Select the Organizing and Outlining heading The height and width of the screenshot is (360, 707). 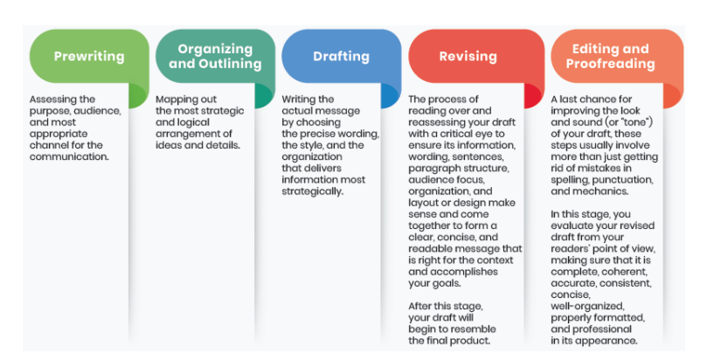pos(214,56)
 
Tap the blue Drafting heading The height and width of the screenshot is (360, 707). pos(341,56)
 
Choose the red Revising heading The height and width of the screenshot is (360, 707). pos(468,56)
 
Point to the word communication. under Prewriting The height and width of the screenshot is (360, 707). pos(70,156)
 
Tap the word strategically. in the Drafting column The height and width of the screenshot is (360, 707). pos(313,190)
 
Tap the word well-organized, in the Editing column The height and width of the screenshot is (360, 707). pos(588,307)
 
